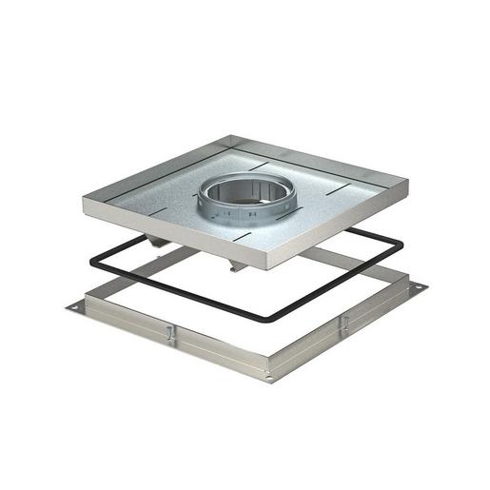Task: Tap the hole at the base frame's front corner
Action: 269,377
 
